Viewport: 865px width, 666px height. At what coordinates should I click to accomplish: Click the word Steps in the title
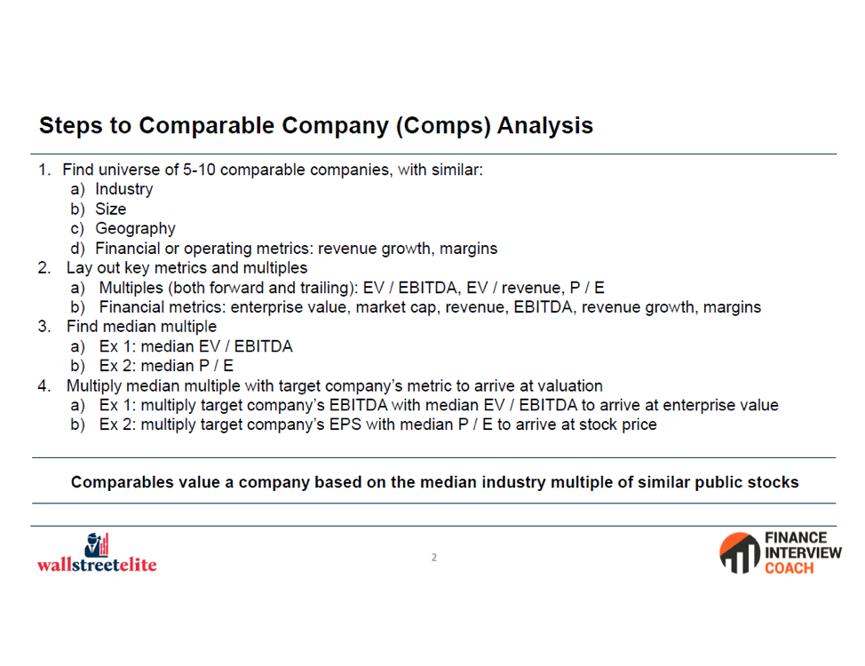tap(71, 126)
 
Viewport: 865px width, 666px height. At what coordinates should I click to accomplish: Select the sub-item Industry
tap(124, 189)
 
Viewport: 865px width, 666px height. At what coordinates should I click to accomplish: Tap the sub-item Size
tap(110, 210)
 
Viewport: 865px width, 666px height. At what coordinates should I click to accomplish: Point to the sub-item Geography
tap(135, 229)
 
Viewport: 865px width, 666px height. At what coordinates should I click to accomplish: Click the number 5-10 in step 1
tap(199, 170)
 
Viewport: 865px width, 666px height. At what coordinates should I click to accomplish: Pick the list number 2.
tap(44, 268)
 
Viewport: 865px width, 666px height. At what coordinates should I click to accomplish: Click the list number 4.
tap(44, 385)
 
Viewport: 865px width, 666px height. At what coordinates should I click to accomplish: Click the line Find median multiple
tap(142, 327)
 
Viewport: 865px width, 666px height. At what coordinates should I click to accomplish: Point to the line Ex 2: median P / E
tap(167, 366)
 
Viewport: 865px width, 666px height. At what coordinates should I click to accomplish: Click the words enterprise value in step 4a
tap(720, 406)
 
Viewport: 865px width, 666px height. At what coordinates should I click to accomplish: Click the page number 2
tap(434, 558)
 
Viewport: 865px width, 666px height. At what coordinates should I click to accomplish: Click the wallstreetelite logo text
tap(97, 565)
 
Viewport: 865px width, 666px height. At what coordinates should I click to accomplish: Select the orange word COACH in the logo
tap(789, 568)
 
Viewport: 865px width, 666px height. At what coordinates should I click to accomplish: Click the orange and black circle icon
tap(740, 553)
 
